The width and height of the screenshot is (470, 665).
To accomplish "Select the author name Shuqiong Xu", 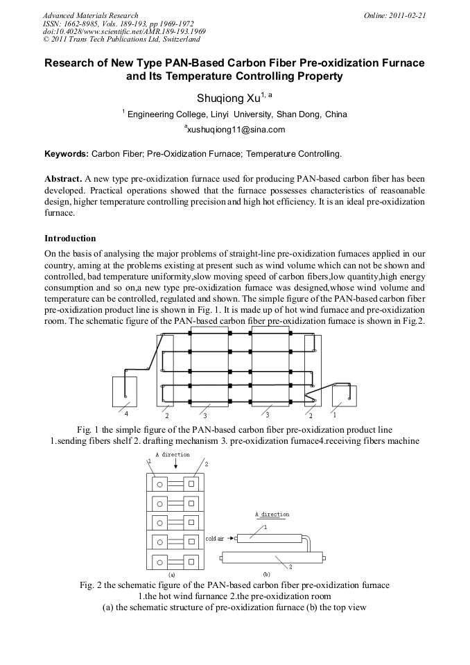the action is [229, 98].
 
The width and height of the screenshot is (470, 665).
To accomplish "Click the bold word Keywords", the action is [66, 154].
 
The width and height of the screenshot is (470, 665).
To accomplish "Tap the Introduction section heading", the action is [70, 239].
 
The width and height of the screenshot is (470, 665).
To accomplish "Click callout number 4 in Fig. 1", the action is [126, 413].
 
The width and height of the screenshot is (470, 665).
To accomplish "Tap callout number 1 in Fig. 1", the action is [335, 414].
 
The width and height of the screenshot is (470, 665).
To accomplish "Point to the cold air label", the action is [214, 539].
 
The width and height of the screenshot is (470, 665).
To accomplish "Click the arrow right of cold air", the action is [231, 539].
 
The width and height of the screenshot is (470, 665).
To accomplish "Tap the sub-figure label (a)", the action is [172, 575].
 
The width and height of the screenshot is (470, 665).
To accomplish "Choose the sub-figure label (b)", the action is [267, 575].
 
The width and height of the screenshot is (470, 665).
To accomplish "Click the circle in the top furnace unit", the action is [159, 484].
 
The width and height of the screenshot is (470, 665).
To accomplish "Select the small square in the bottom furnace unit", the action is [191, 562].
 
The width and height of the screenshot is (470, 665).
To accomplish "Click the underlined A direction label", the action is [272, 515].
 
